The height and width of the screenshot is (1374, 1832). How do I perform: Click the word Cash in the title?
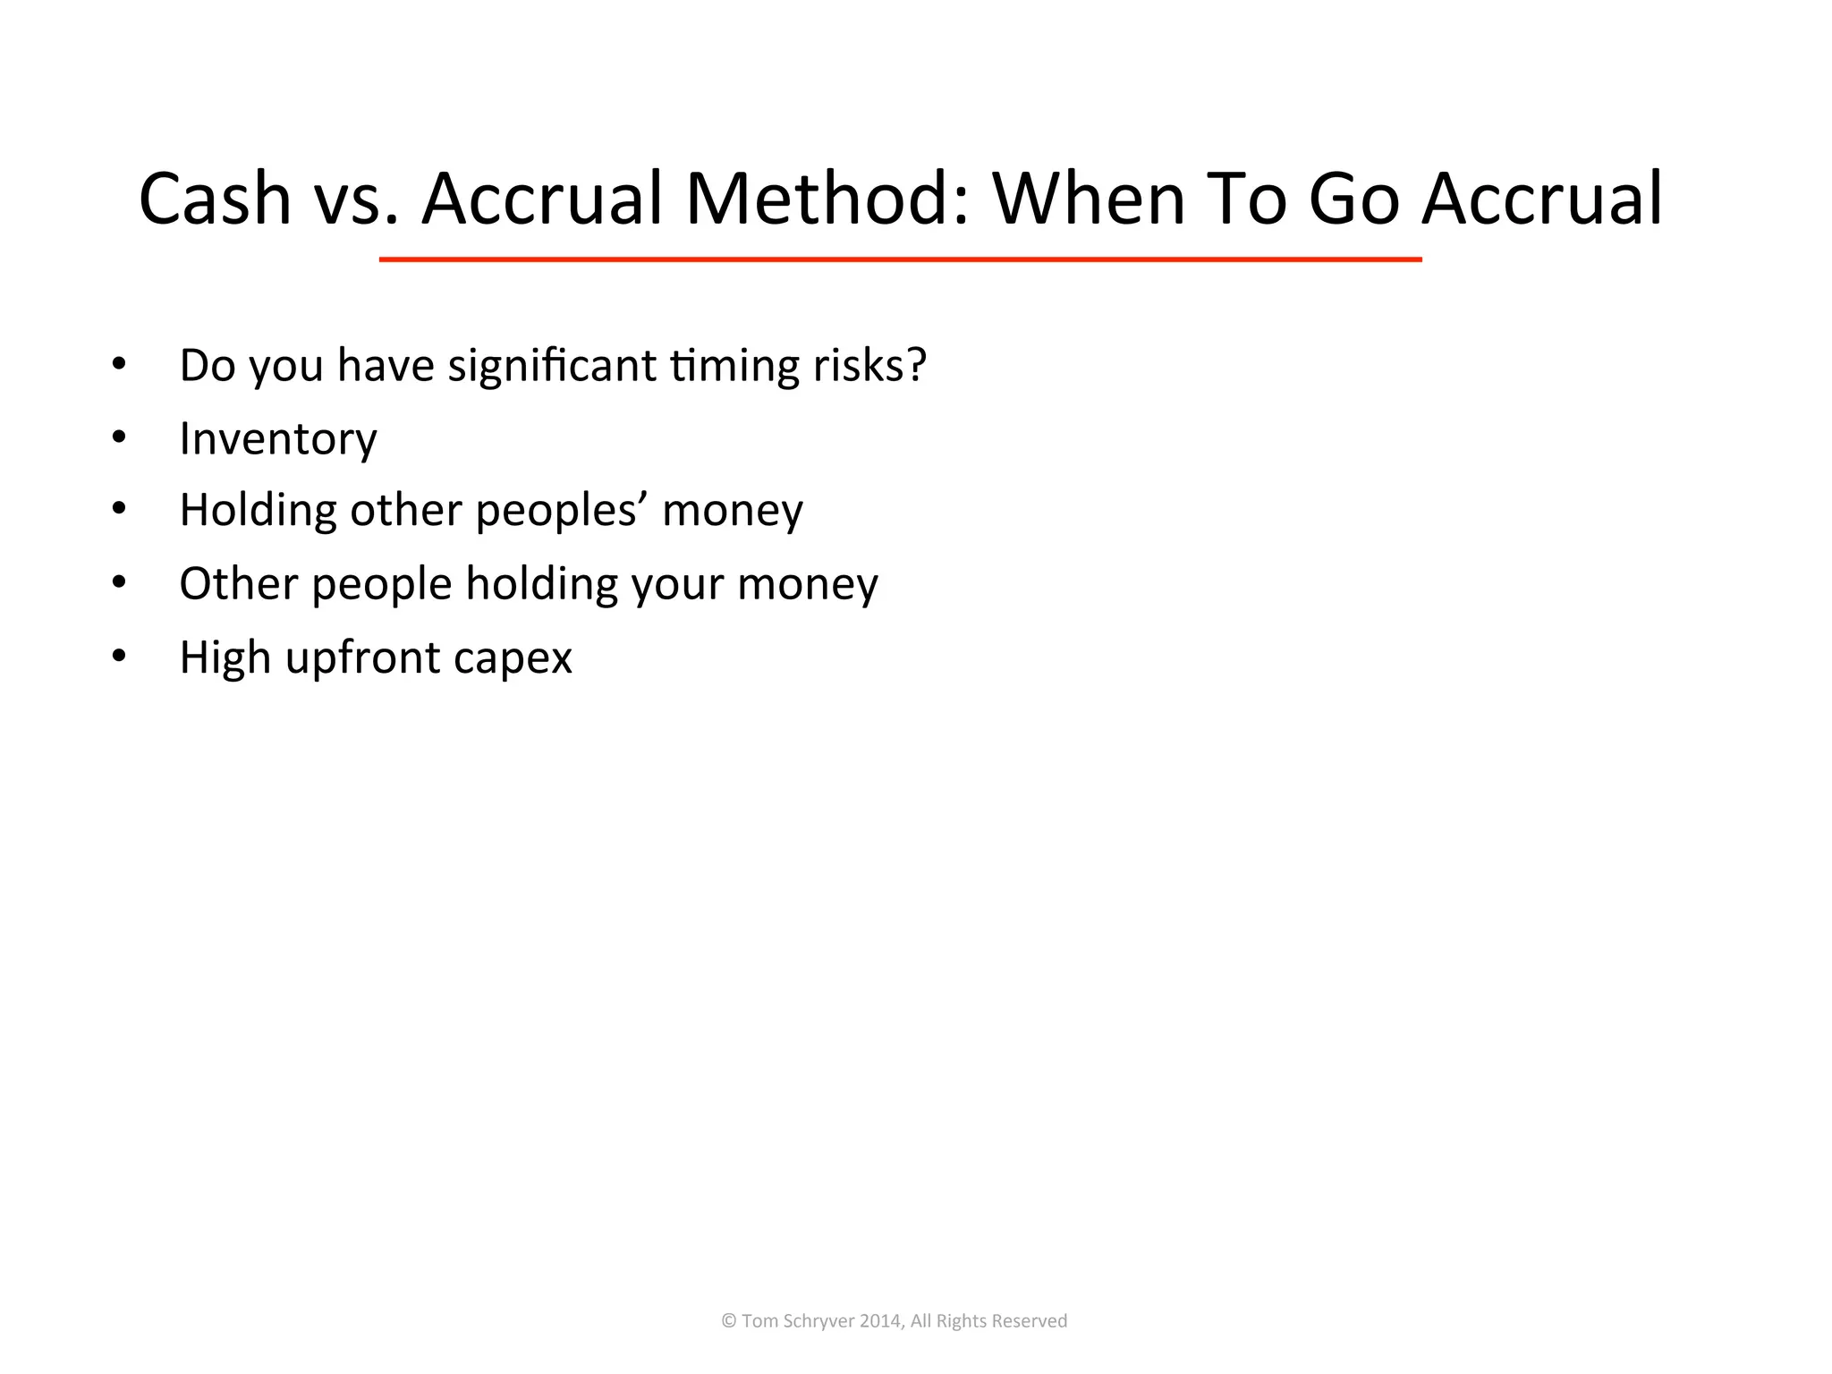coord(215,199)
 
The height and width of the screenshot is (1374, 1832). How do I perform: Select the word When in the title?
coord(1089,199)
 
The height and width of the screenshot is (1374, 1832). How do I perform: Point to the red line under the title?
coord(900,259)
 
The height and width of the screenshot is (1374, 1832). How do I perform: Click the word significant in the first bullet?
coord(552,367)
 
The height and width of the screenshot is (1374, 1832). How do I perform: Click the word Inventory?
coord(278,440)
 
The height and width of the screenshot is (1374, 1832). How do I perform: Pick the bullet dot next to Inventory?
coord(119,437)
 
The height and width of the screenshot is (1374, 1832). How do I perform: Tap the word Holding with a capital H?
coord(258,512)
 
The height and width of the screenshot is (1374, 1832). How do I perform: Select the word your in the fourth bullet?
coord(677,585)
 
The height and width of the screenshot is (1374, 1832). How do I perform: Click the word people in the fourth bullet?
coord(382,585)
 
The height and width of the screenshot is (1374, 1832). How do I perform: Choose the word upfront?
coord(363,658)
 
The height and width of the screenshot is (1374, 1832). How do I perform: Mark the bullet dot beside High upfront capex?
coord(119,657)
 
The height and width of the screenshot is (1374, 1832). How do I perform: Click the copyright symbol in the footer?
coord(729,1321)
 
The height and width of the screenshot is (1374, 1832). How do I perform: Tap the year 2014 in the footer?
coord(879,1321)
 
